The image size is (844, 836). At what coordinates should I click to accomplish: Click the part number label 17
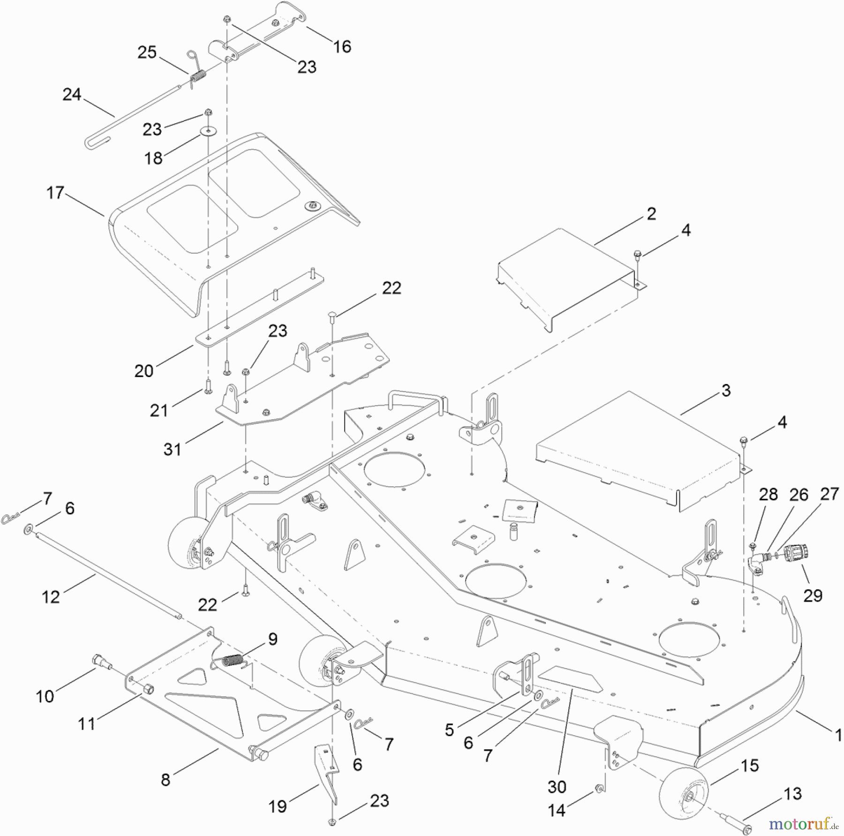tap(55, 193)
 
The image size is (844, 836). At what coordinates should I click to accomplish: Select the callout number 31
tap(172, 449)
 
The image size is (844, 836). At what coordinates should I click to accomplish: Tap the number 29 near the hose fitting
tap(813, 595)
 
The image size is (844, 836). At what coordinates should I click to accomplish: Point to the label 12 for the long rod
tap(51, 597)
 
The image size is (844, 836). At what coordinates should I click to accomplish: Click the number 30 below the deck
tap(557, 786)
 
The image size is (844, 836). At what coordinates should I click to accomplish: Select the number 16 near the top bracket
tap(342, 46)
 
